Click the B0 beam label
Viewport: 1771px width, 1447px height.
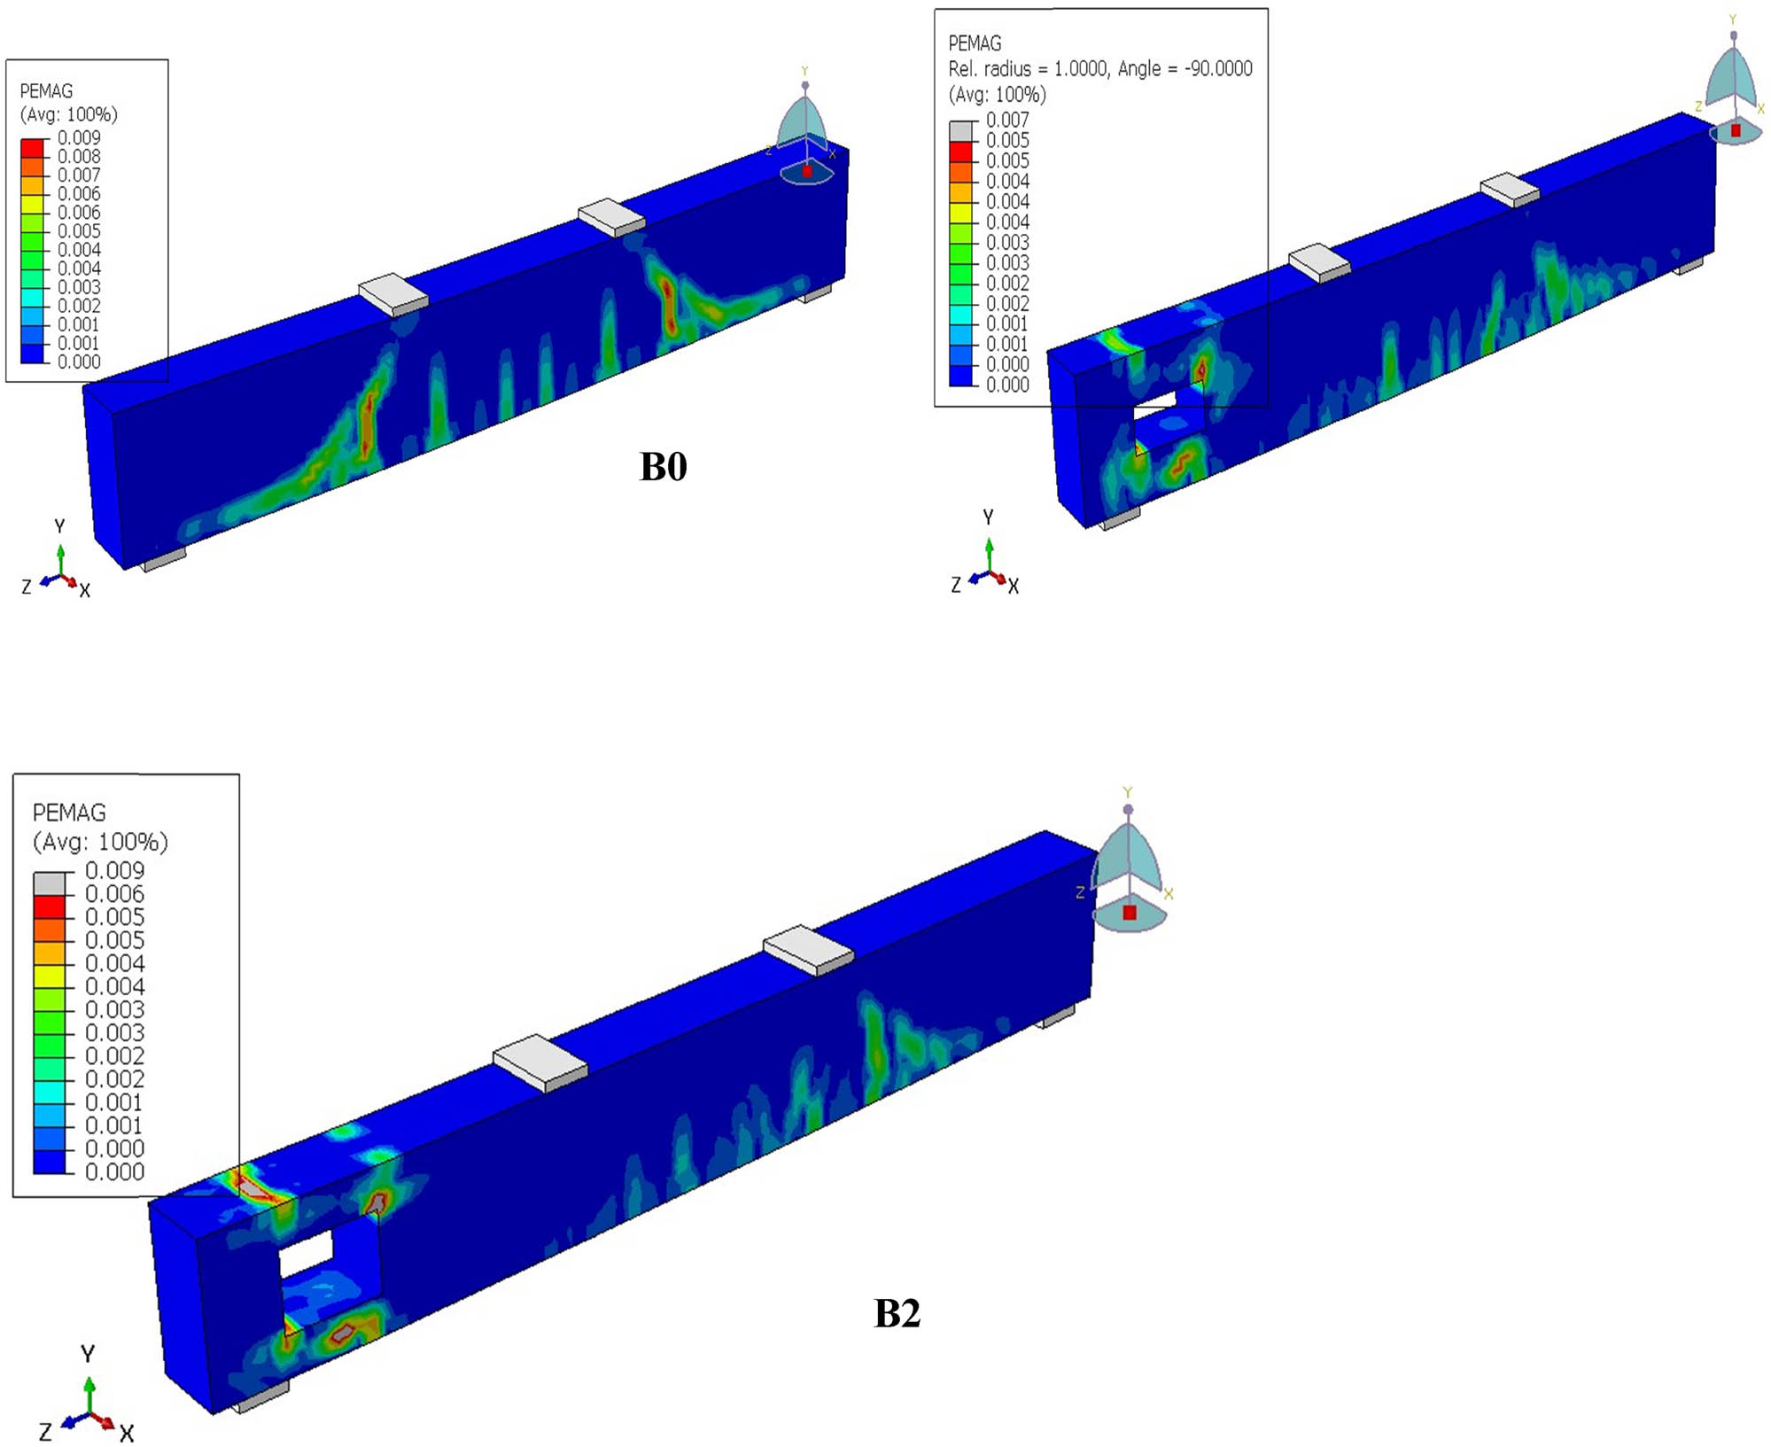(x=663, y=466)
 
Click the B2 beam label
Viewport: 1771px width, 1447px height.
(x=897, y=1312)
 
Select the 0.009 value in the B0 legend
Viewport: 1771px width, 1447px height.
(x=79, y=137)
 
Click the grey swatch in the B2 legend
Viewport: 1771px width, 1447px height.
(x=50, y=883)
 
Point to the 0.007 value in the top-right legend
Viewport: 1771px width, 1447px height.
(x=1007, y=120)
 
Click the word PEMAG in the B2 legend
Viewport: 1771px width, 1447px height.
(x=69, y=813)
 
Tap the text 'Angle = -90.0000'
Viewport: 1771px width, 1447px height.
(x=1185, y=69)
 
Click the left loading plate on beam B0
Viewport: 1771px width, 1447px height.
(x=393, y=293)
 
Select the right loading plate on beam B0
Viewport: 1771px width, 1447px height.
(x=612, y=217)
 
